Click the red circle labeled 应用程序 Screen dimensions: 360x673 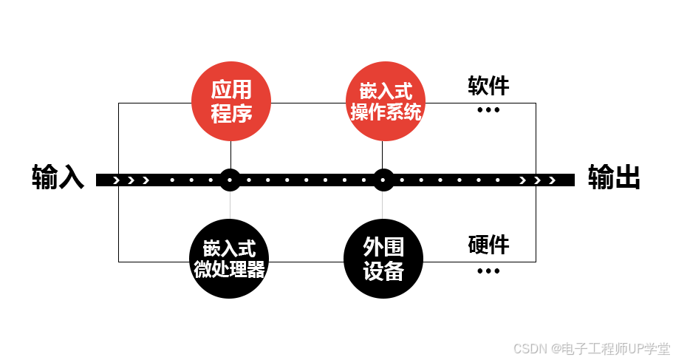point(231,101)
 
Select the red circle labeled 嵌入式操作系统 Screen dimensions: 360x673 point(385,101)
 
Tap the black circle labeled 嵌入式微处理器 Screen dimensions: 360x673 point(230,259)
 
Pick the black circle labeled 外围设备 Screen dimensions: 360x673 point(383,259)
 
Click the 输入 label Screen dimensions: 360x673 point(58,178)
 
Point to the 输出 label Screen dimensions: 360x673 point(613,178)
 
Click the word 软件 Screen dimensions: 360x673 point(488,86)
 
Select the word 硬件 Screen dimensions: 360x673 point(488,245)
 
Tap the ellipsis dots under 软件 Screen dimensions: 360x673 point(488,110)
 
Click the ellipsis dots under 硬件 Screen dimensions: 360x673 point(488,271)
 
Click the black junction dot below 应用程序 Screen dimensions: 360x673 point(230,180)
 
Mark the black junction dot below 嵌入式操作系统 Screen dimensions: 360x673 point(383,180)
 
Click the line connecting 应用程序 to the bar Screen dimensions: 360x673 point(230,155)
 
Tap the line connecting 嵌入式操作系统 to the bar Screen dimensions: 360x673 point(383,155)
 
